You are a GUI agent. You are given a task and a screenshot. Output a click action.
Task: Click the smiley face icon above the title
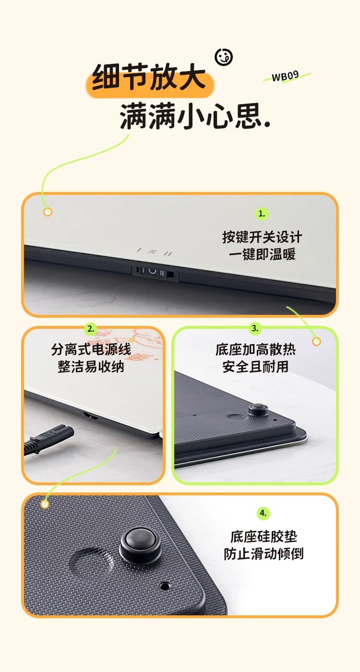tap(224, 57)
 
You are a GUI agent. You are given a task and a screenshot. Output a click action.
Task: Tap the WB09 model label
tap(285, 76)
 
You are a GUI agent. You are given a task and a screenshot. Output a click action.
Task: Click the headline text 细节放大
tap(149, 77)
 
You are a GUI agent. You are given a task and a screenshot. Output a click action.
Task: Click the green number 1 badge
tap(262, 214)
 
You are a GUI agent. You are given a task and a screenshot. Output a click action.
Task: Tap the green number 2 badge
tap(91, 328)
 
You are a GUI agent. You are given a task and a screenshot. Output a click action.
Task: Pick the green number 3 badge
tap(255, 328)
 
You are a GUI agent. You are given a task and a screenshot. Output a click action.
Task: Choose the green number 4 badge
tap(263, 513)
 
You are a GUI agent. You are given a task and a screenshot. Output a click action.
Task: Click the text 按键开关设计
tap(262, 237)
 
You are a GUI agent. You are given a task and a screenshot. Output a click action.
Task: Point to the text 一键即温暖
tap(262, 254)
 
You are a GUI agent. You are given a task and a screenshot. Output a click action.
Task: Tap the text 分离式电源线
tap(91, 349)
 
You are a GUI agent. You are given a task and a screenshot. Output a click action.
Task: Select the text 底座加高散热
tap(255, 349)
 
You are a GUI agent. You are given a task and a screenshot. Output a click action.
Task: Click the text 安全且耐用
tap(255, 367)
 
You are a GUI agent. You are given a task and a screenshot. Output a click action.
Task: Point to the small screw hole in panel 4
tap(164, 585)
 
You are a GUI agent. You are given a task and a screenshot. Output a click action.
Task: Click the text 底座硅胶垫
tap(264, 537)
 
